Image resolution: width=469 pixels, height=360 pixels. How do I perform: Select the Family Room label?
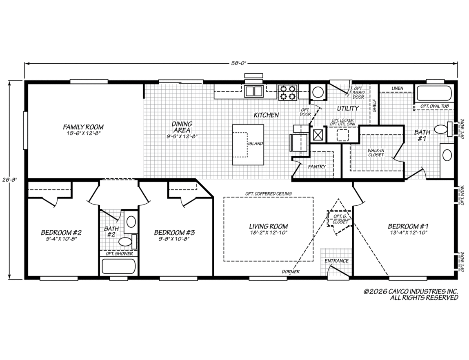click(x=83, y=127)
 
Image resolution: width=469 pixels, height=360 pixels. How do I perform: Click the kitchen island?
click(x=248, y=144)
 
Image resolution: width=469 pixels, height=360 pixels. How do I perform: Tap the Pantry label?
click(x=317, y=167)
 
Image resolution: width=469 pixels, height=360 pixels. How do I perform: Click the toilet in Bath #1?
click(x=441, y=129)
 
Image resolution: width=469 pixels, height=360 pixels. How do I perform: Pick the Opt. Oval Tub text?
click(x=435, y=106)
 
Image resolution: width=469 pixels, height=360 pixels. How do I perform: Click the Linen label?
click(x=397, y=88)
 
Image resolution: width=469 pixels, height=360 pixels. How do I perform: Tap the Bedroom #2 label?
click(x=61, y=233)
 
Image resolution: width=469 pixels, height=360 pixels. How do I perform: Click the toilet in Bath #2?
click(x=126, y=241)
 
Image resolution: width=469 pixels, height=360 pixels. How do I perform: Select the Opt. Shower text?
click(x=119, y=254)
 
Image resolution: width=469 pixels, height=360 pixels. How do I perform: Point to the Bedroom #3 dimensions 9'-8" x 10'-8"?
click(x=174, y=239)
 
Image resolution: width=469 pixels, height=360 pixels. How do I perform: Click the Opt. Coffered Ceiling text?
click(x=268, y=193)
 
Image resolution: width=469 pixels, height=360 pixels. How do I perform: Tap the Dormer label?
click(x=290, y=271)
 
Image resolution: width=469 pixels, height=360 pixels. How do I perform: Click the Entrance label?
click(x=336, y=261)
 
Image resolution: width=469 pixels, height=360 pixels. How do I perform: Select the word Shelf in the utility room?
click(x=374, y=106)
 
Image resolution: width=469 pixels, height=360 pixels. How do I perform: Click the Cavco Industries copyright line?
click(x=410, y=291)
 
